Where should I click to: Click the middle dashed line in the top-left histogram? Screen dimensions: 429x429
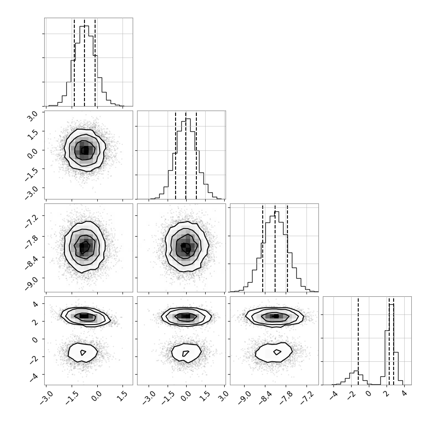tap(84, 62)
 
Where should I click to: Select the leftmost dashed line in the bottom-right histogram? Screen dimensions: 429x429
tap(358, 341)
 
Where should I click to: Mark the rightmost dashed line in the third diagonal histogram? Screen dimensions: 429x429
tap(287, 248)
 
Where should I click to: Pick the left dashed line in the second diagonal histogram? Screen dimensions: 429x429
tap(176, 155)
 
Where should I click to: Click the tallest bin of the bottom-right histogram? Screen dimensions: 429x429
tap(391, 345)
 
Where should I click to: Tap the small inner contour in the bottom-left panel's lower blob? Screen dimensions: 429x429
tap(83, 352)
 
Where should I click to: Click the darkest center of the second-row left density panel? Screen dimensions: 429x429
tap(85, 150)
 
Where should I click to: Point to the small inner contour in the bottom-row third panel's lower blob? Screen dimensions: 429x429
tap(277, 352)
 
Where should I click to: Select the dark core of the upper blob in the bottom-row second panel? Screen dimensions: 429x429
tap(186, 316)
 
